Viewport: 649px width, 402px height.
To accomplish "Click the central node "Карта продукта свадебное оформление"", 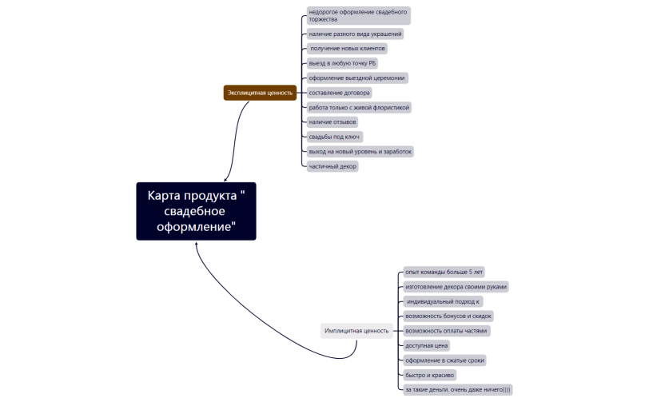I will [x=196, y=211].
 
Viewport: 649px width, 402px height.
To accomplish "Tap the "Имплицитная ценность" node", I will [x=356, y=330].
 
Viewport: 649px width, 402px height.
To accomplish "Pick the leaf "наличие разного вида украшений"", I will [x=356, y=34].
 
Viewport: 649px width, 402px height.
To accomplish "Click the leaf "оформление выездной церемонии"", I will [x=357, y=78].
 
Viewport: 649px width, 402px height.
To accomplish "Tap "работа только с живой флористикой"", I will [x=359, y=107].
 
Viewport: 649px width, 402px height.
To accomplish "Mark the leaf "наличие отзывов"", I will [x=332, y=121].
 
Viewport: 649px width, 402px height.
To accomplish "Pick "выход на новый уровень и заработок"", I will [x=360, y=151].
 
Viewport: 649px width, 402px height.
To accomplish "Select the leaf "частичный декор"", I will [x=332, y=166].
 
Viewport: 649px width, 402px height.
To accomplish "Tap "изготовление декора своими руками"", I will [x=456, y=286].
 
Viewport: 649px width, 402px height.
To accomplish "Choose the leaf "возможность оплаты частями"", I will [x=447, y=330].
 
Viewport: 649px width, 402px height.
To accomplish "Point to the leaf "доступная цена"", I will [x=427, y=345].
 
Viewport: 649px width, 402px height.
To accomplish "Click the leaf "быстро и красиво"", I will [x=430, y=375].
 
